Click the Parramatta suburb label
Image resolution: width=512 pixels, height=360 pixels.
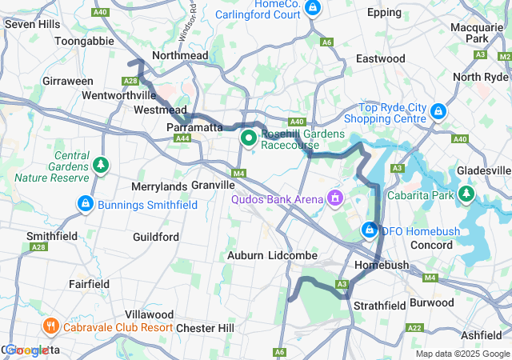coord(194,127)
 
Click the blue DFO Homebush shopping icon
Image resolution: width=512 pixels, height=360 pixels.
coord(370,230)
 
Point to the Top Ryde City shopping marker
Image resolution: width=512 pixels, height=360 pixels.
coord(438,110)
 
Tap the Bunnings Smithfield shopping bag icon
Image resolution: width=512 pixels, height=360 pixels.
coord(85,204)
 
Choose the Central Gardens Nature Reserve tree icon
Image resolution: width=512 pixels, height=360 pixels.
coord(101,165)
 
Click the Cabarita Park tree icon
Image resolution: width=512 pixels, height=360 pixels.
coord(466,194)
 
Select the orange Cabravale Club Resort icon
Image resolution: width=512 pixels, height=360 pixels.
coord(50,326)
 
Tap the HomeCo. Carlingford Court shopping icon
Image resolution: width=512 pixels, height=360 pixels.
coord(313,9)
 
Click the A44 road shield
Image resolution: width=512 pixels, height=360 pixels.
coord(183,138)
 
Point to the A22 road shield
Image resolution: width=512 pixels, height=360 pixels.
coord(414,328)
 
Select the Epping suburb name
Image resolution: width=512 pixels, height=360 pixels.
coord(385,13)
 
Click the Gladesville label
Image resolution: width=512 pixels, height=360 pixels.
coord(483,170)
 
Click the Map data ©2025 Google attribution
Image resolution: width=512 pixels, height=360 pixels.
coord(462,354)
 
